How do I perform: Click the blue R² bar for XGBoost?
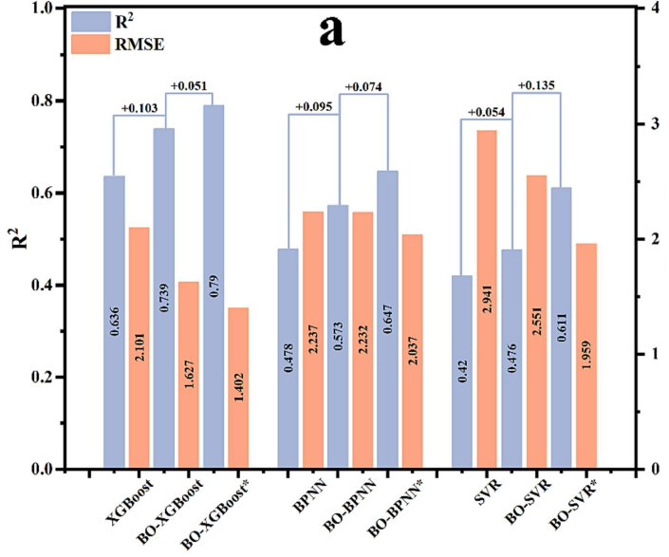tap(114, 323)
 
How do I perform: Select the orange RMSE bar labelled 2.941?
tap(486, 299)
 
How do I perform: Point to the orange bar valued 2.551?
tap(536, 322)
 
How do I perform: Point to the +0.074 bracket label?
tap(362, 87)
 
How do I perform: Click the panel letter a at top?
tap(331, 30)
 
